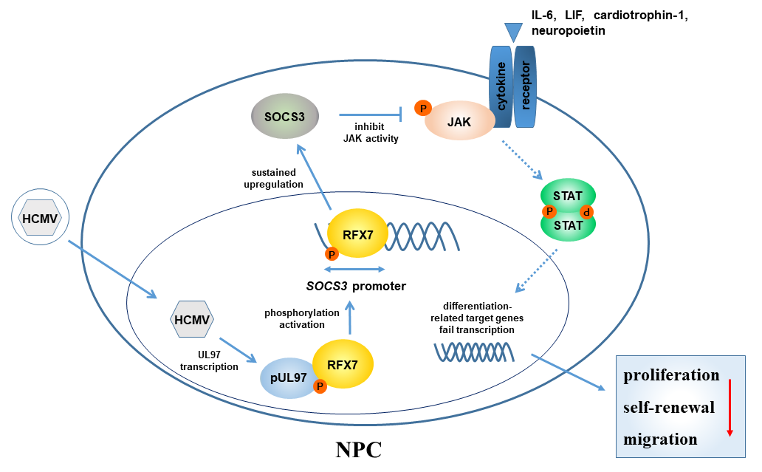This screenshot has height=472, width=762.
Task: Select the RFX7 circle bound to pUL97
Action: click(x=343, y=363)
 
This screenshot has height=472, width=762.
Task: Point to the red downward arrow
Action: click(x=730, y=407)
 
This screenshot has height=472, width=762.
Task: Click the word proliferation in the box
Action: click(x=671, y=375)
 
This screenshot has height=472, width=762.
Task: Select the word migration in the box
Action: click(x=660, y=439)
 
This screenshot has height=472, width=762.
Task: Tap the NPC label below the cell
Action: click(x=359, y=449)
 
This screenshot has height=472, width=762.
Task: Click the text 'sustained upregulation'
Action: click(x=275, y=178)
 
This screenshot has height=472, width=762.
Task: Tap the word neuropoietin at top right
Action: click(x=568, y=33)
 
